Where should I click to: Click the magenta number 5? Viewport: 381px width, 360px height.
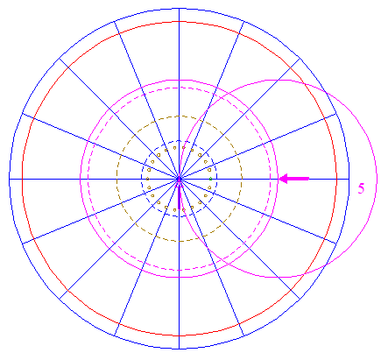(x=361, y=188)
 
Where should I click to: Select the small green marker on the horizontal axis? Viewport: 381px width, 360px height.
(x=210, y=179)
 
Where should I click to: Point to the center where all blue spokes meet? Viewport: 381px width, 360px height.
(x=179, y=179)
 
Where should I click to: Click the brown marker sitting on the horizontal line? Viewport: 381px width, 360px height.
(x=147, y=179)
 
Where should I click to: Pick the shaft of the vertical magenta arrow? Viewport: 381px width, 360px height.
(x=179, y=198)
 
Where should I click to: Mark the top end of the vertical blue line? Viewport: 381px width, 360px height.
(x=179, y=9)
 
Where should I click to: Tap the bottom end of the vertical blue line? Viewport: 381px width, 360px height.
(x=179, y=349)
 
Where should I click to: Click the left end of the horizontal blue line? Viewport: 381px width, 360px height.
(x=9, y=179)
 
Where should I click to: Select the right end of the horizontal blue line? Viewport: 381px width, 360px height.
(x=349, y=179)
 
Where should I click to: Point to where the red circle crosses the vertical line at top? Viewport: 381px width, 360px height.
(x=179, y=21)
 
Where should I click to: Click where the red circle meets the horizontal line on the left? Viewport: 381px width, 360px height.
(x=22, y=179)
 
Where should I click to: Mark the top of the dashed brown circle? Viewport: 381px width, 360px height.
(x=179, y=116)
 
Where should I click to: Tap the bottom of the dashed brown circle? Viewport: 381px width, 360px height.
(x=179, y=242)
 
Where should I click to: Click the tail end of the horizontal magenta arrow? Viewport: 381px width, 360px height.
(x=309, y=179)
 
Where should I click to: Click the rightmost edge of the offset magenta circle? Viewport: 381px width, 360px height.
(x=377, y=179)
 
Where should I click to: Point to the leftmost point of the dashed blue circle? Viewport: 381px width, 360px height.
(x=142, y=179)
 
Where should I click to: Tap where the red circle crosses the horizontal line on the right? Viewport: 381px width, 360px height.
(x=337, y=179)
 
